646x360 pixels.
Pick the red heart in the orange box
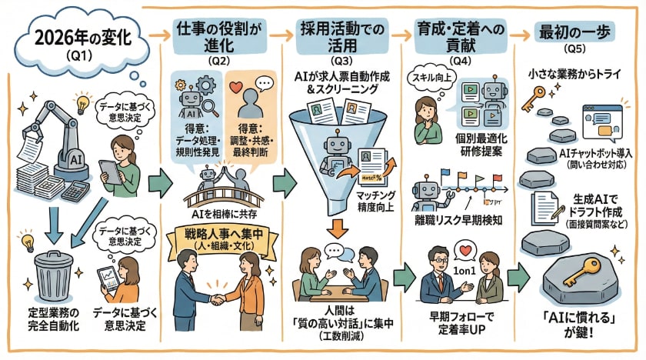(238, 85)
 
